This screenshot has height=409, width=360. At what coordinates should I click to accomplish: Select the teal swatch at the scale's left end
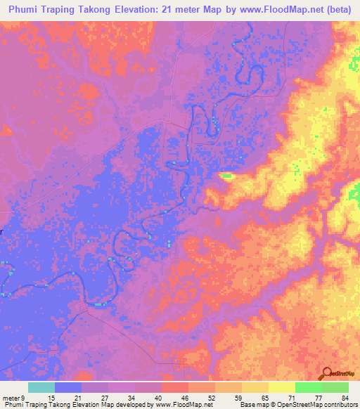click(x=41, y=387)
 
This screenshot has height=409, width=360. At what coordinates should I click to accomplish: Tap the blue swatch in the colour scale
click(x=67, y=387)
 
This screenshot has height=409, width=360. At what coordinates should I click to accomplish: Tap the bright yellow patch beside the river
click(x=226, y=176)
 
